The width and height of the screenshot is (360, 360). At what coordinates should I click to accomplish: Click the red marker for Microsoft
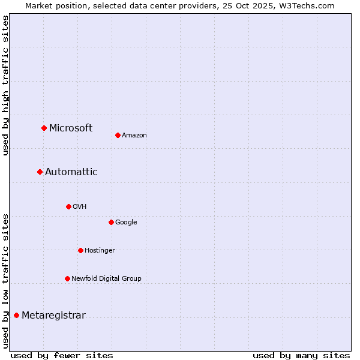click(x=44, y=128)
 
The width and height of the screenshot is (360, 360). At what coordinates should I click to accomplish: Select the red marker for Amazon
click(x=118, y=135)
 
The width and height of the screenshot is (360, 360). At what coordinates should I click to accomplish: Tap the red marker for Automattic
click(x=40, y=172)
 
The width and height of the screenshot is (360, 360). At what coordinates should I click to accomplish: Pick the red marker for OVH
click(x=68, y=206)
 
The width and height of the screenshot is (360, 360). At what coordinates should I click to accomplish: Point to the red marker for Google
click(x=111, y=222)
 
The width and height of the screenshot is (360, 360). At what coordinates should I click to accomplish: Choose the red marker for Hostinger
click(x=80, y=250)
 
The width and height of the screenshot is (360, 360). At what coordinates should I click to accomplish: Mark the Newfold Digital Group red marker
click(x=67, y=278)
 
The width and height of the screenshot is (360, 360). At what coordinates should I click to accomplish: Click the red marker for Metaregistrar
click(x=16, y=315)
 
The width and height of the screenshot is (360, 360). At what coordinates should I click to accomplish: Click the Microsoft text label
click(x=71, y=128)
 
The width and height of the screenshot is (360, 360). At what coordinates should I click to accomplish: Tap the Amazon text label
click(x=134, y=135)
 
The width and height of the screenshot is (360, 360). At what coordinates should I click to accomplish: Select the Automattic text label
click(x=71, y=172)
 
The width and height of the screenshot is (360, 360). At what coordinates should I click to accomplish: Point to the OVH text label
click(x=80, y=206)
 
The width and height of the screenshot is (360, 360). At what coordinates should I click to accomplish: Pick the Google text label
click(x=126, y=222)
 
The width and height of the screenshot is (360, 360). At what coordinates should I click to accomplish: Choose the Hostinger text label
click(x=100, y=250)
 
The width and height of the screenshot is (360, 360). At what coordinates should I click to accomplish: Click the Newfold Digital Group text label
click(x=106, y=278)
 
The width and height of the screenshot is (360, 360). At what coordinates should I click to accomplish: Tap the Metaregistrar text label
click(x=53, y=316)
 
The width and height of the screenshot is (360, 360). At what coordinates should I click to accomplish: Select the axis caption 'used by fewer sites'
click(x=62, y=355)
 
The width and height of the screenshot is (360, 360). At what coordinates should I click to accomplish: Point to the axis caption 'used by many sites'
click(x=301, y=355)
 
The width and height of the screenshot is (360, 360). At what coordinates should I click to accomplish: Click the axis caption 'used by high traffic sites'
click(x=5, y=85)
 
